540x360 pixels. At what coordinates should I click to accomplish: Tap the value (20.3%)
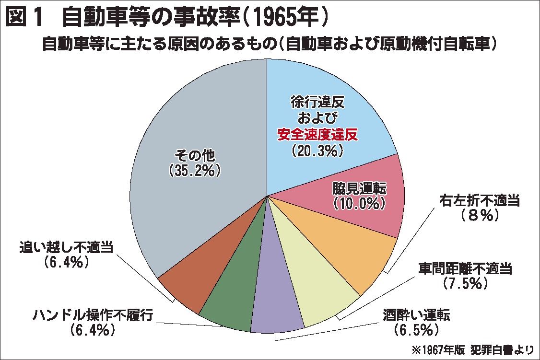[317, 151]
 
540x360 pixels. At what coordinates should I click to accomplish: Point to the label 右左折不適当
[480, 201]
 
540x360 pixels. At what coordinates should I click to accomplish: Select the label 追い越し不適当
[67, 247]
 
